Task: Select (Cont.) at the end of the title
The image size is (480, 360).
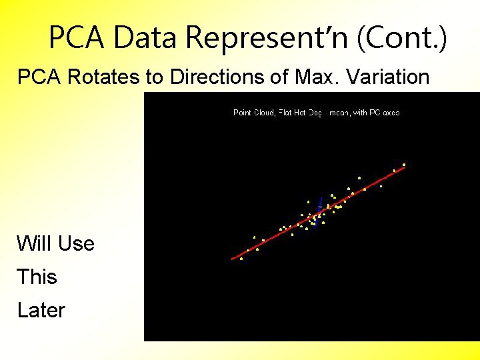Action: click(402, 38)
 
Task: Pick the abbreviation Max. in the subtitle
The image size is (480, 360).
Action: click(314, 77)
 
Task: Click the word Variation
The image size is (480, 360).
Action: click(387, 77)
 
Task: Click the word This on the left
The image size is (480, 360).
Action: click(37, 277)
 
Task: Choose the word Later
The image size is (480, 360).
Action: click(41, 310)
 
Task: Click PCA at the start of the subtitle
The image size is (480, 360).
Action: click(39, 77)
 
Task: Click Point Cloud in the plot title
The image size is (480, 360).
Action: click(253, 113)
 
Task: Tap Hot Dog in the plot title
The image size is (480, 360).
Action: click(307, 113)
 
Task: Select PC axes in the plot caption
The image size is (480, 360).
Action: click(384, 113)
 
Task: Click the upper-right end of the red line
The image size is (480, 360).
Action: click(404, 167)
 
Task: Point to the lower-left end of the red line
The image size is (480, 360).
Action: click(233, 258)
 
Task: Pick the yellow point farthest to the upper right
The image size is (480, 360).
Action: click(404, 164)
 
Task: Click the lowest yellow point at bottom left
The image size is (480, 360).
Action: click(241, 259)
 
